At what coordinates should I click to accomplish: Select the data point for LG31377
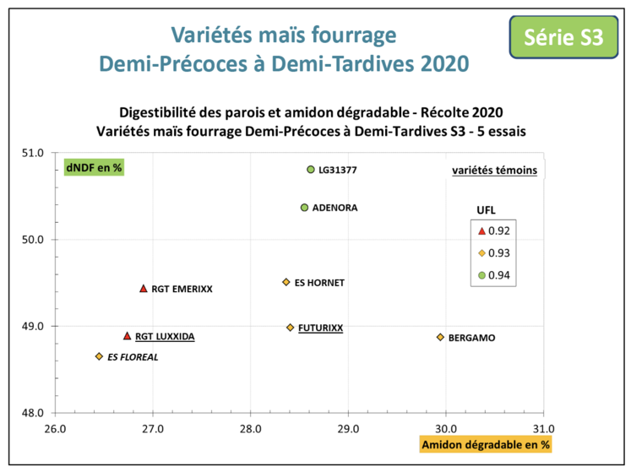coord(311,170)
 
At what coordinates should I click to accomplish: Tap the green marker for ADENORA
coord(304,208)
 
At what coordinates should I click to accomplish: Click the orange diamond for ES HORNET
coord(286,282)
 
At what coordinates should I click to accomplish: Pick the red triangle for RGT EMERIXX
coord(144,289)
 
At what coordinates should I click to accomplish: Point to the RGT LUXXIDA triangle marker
coord(127,336)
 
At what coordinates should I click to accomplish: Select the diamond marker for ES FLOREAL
coord(99,356)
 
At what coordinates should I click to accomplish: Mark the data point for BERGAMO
coord(440,337)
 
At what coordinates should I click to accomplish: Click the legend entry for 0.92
coord(495,231)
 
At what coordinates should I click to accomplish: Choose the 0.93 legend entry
coord(495,252)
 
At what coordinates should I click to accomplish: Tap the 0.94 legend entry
coord(495,274)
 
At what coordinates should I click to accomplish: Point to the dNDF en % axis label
coord(94,168)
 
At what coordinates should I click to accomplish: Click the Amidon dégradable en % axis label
coord(485,443)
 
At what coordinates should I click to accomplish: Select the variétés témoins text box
coord(494,170)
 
